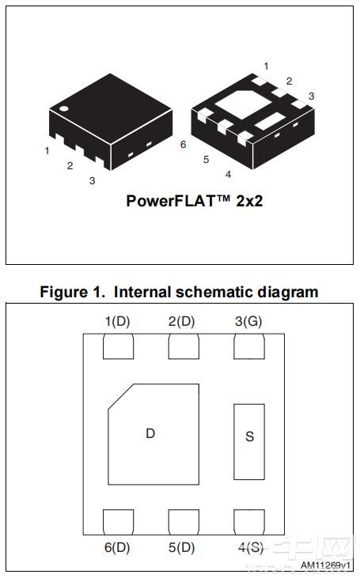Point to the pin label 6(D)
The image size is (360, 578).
coord(116,546)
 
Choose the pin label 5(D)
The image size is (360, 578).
coord(182,546)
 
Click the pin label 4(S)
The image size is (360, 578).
coord(249,546)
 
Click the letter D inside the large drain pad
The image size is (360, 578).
coord(150,433)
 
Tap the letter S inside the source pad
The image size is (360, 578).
coord(249,436)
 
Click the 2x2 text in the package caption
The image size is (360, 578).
coord(248,201)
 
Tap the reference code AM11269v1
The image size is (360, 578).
coord(325,565)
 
